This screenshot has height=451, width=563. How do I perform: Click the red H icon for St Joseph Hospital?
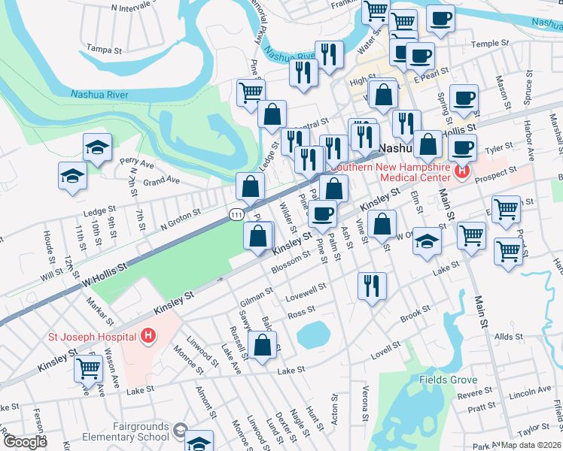point(149,335)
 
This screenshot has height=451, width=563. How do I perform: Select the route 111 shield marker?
point(236,215)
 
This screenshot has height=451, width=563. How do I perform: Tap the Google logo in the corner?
point(26,442)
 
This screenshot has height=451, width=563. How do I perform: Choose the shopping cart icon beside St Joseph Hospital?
point(89,368)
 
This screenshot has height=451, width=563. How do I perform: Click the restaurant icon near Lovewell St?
point(372,285)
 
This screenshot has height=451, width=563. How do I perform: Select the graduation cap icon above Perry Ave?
point(97,147)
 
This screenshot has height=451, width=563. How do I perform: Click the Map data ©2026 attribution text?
point(531,445)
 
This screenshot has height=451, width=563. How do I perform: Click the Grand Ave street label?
point(162,181)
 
